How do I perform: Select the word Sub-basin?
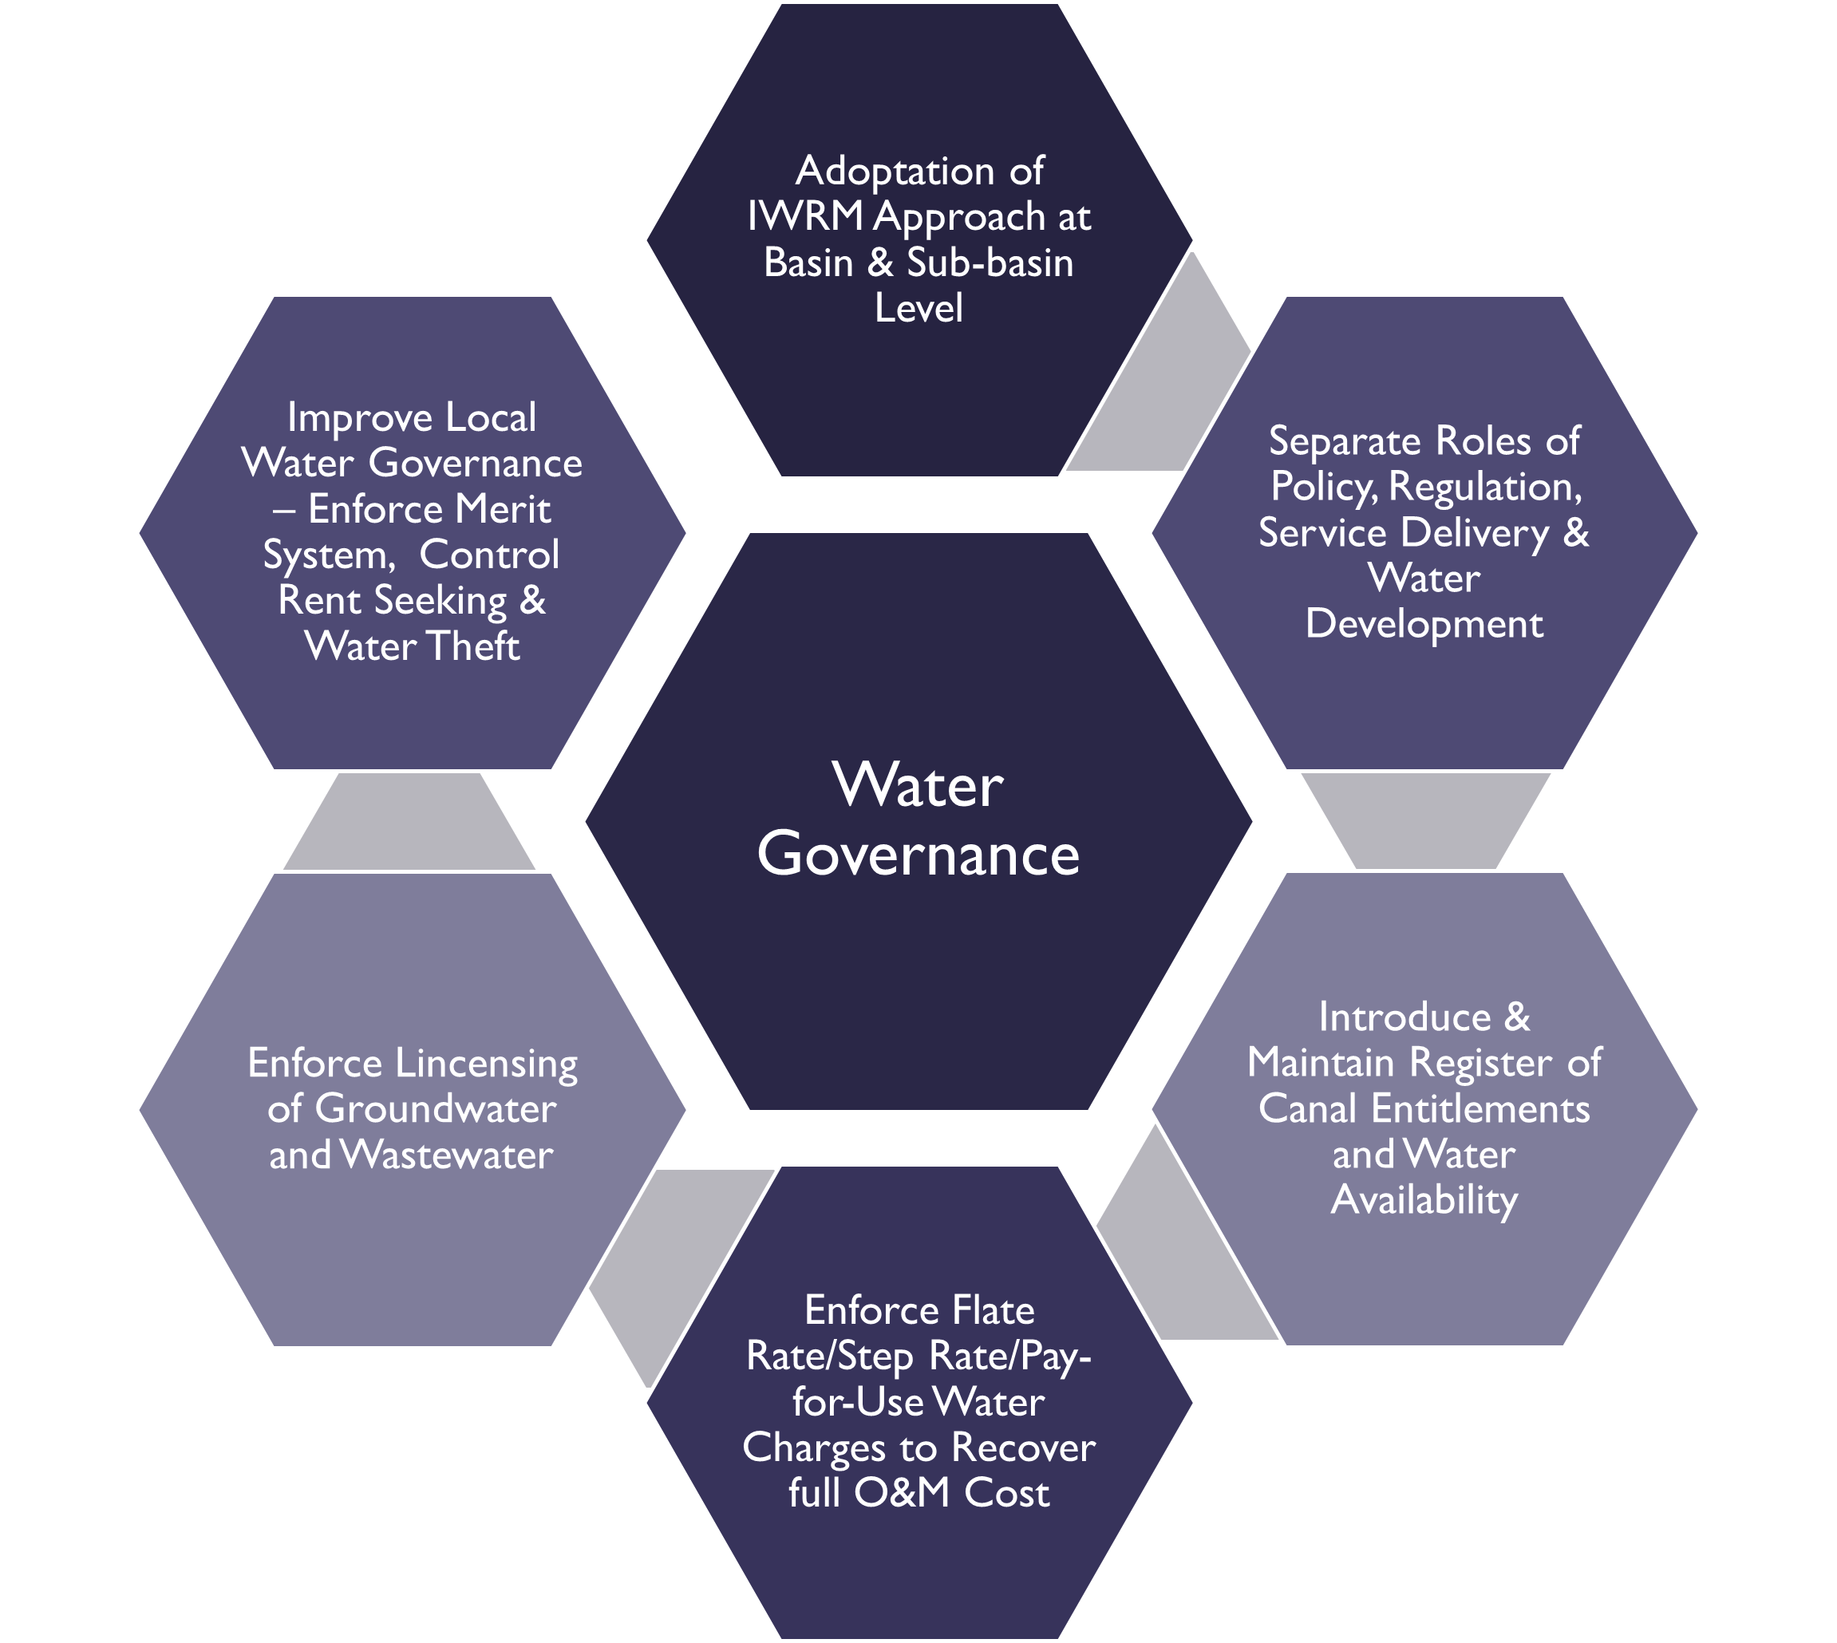990,263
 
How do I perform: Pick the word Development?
1424,624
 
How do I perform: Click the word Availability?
1424,1200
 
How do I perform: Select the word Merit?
504,510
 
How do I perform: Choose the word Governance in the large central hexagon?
918,854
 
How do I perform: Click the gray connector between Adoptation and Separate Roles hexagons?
1164,397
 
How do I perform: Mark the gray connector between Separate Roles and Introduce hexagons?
1426,822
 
